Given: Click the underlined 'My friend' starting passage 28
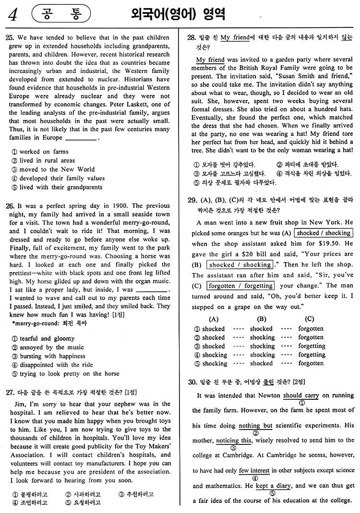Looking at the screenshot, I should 210,60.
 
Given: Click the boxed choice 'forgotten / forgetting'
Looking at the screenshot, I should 235,286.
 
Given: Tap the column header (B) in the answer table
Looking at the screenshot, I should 262,319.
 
